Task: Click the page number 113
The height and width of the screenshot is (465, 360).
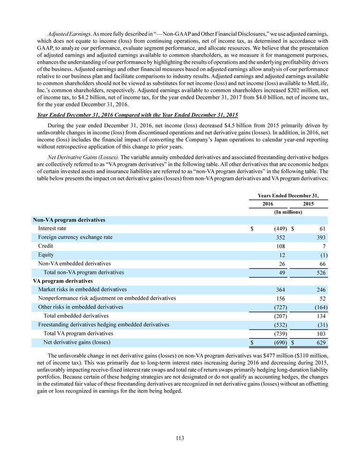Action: pyautogui.click(x=180, y=438)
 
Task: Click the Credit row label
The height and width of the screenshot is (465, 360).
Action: pyautogui.click(x=45, y=246)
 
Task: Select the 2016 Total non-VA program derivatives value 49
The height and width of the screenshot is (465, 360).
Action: pyautogui.click(x=282, y=272)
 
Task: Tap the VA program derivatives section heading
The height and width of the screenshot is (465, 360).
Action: pyautogui.click(x=63, y=281)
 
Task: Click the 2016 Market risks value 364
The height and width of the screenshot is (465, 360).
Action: pyautogui.click(x=280, y=290)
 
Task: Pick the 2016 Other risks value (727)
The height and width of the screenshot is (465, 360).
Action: pyautogui.click(x=279, y=307)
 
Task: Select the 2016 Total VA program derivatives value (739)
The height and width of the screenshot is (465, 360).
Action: pyautogui.click(x=279, y=333)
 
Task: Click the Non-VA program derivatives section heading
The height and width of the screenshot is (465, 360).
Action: pyautogui.click(x=69, y=220)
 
